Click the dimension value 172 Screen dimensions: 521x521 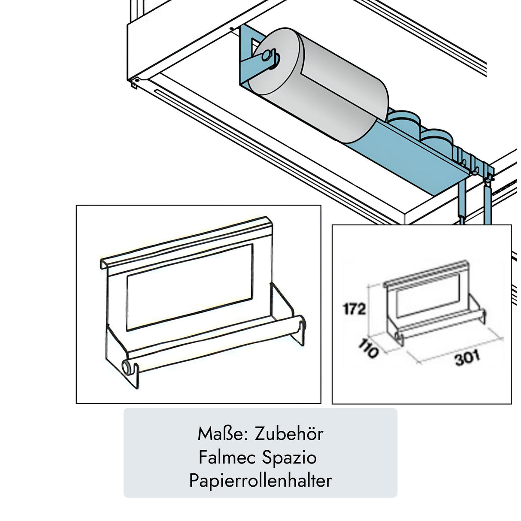point(354,309)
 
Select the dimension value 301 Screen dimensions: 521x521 point(467,359)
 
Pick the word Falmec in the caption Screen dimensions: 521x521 point(225,457)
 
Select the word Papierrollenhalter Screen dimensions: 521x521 point(260,481)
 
